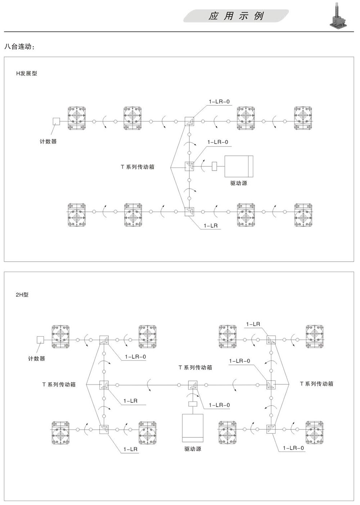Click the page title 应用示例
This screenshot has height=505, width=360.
(x=236, y=16)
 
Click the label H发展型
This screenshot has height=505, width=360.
(x=27, y=73)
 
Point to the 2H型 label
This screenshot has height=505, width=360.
(x=22, y=295)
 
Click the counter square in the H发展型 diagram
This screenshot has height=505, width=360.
(x=57, y=121)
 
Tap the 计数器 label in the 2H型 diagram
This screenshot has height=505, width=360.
(x=36, y=359)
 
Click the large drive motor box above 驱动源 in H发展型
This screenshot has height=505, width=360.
(x=239, y=166)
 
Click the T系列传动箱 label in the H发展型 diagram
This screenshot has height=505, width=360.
(x=138, y=167)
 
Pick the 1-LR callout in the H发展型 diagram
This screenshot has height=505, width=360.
(x=211, y=225)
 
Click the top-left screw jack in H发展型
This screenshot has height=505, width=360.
(x=77, y=118)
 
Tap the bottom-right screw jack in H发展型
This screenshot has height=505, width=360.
(x=303, y=215)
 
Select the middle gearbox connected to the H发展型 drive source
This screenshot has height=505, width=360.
(x=189, y=166)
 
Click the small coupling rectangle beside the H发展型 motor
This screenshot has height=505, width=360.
(x=214, y=166)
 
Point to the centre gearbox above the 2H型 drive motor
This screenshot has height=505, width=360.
(x=193, y=385)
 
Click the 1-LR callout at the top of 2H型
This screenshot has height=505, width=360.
(x=253, y=324)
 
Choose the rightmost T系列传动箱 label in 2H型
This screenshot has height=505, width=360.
(x=317, y=384)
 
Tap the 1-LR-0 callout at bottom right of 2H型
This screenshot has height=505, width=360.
(x=293, y=448)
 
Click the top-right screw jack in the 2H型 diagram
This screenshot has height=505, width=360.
(x=315, y=337)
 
